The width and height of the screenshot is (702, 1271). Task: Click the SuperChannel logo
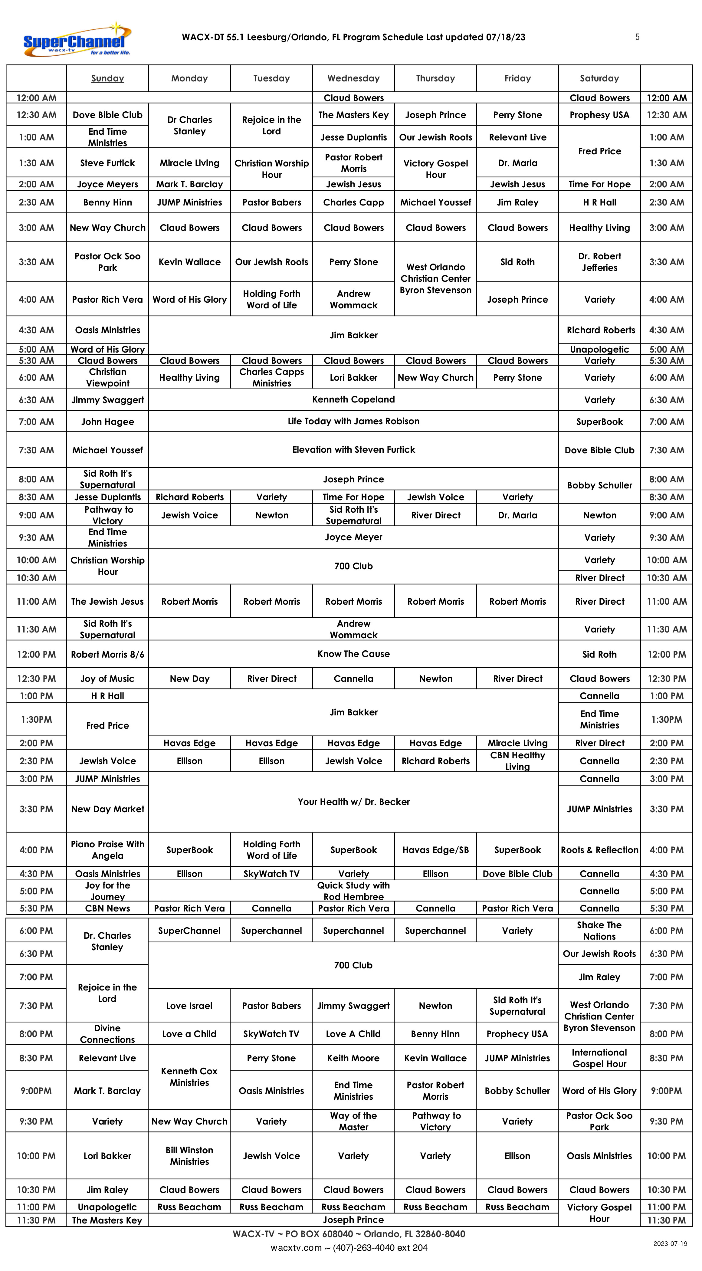[x=77, y=39]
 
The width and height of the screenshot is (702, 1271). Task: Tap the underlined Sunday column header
[x=107, y=78]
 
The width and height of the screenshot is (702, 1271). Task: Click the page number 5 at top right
[x=637, y=37]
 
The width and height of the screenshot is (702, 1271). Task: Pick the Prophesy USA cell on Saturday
[x=599, y=115]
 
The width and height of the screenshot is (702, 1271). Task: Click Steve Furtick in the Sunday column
[x=107, y=163]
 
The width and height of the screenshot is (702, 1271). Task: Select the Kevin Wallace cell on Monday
[x=189, y=262]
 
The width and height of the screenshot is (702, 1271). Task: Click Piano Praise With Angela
[x=107, y=850]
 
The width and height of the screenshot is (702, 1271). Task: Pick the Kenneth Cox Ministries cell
[x=189, y=1077]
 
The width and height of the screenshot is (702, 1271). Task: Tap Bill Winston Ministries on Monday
[x=189, y=1155]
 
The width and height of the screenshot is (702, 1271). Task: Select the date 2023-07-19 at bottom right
[x=670, y=1244]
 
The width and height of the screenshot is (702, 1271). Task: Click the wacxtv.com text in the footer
[x=296, y=1248]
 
